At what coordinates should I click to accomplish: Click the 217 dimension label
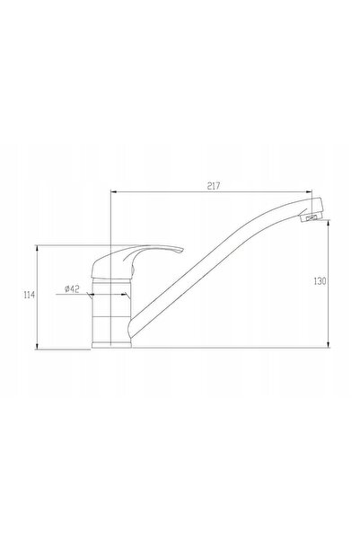214,186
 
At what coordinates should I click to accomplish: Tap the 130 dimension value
320,281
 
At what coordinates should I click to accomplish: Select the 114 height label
30,295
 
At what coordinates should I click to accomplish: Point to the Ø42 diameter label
72,289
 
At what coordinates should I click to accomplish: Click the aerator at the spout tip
311,217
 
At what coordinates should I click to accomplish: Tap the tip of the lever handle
182,251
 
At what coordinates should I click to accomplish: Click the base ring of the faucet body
111,345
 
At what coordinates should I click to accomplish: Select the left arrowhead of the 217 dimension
113,191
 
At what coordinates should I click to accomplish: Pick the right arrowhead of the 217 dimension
309,191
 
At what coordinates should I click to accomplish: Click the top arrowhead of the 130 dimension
329,224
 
